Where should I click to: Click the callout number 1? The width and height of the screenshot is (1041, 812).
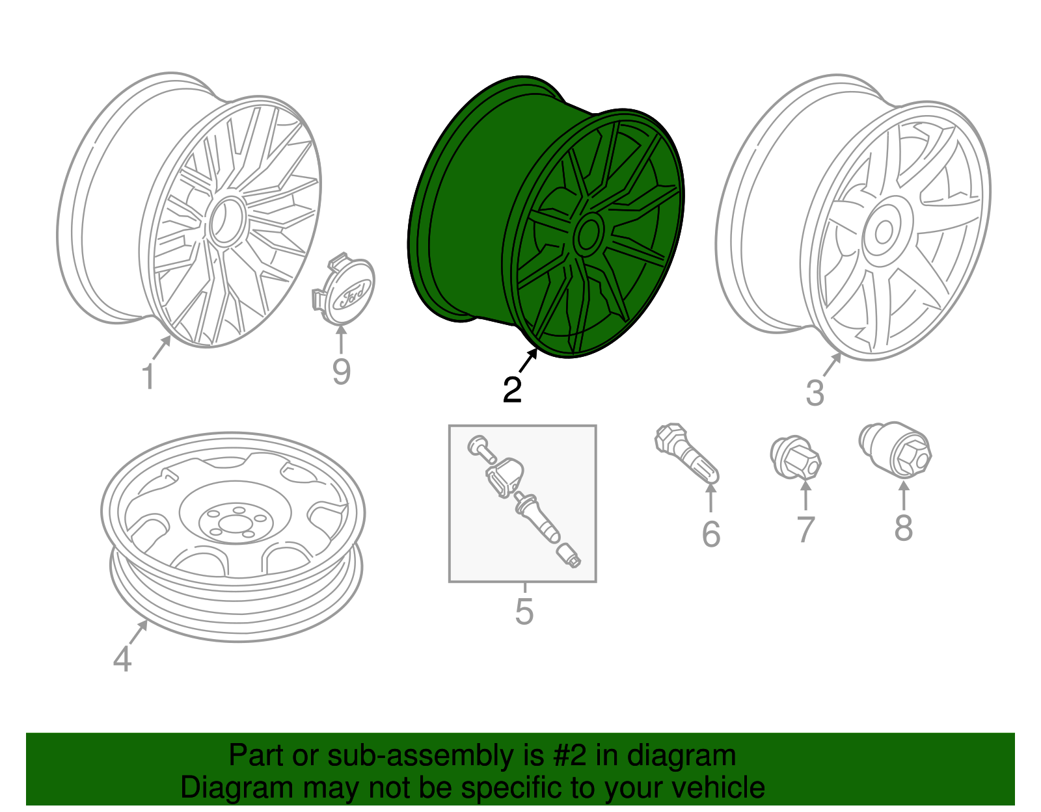pos(148,377)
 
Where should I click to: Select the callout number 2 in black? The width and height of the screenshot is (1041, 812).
pos(512,389)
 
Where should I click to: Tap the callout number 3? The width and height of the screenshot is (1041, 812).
pos(815,393)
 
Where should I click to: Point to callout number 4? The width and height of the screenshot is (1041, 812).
pos(122,659)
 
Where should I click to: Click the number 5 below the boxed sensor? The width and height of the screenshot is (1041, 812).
pos(524,612)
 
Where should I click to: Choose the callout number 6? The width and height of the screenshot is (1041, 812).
pos(710,534)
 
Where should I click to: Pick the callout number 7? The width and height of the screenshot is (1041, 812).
pos(805,530)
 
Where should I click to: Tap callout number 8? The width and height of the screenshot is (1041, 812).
pos(903,528)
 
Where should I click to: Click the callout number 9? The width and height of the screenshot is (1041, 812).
pos(341,372)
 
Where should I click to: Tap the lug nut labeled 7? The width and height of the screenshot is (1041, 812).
pos(796,457)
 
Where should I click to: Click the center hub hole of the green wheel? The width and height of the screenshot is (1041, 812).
pos(588,233)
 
